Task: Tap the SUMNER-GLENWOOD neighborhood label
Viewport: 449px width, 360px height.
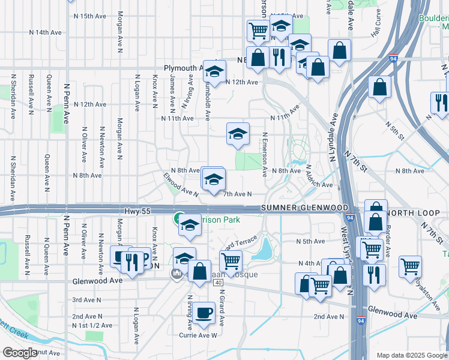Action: pyautogui.click(x=305, y=208)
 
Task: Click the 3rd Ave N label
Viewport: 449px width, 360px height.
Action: pyautogui.click(x=85, y=299)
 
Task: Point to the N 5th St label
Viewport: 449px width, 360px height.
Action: pyautogui.click(x=411, y=130)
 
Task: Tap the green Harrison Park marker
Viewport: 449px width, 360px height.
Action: pyautogui.click(x=179, y=218)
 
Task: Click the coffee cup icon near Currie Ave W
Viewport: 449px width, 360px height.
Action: pyautogui.click(x=204, y=313)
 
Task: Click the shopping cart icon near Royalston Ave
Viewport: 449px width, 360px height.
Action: pyautogui.click(x=410, y=265)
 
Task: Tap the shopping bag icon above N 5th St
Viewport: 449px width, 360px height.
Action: pyautogui.click(x=380, y=88)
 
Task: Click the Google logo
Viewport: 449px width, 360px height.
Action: pyautogui.click(x=20, y=353)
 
